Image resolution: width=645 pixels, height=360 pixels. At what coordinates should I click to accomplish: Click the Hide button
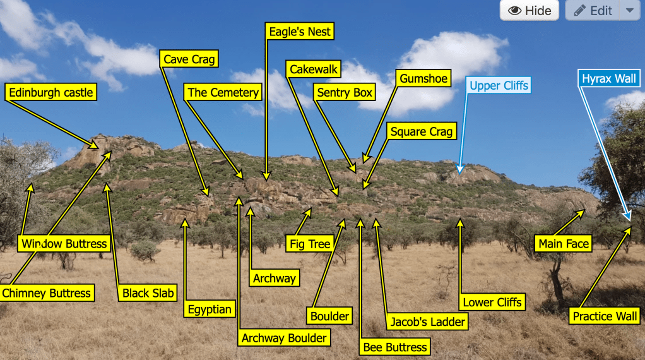click(x=530, y=11)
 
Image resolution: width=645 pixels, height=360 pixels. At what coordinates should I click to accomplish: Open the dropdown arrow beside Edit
click(x=629, y=11)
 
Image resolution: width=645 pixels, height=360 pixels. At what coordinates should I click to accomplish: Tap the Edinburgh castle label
click(x=51, y=93)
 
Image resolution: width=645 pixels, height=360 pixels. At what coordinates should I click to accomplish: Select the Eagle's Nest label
click(x=300, y=32)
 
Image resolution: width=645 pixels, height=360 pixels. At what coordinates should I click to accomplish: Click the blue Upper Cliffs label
click(x=499, y=85)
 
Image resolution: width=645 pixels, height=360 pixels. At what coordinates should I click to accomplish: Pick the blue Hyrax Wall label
click(x=609, y=79)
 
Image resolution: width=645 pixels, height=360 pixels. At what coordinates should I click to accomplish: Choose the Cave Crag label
click(x=189, y=59)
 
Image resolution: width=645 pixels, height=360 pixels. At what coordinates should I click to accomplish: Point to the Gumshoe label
click(x=423, y=79)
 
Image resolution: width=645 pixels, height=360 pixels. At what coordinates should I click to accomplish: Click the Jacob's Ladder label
click(x=428, y=321)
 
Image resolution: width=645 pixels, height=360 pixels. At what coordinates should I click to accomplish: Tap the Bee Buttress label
click(x=395, y=347)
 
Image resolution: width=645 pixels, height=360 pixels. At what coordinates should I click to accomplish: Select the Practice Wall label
click(x=605, y=316)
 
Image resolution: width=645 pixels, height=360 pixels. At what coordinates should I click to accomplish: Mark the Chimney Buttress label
click(x=47, y=292)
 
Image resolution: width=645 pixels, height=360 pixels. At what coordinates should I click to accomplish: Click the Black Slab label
click(x=148, y=292)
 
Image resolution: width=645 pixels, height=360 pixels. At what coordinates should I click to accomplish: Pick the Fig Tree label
click(x=311, y=244)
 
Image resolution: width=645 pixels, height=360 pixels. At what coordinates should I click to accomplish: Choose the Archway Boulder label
click(x=284, y=338)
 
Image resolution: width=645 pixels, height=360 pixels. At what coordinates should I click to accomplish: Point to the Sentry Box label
click(x=345, y=93)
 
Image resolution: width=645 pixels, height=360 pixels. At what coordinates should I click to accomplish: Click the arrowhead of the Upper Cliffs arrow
click(x=460, y=171)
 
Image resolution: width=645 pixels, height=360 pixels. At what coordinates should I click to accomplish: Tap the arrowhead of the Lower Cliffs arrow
click(x=460, y=221)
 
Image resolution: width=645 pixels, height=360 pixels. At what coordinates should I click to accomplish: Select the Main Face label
click(x=564, y=244)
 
